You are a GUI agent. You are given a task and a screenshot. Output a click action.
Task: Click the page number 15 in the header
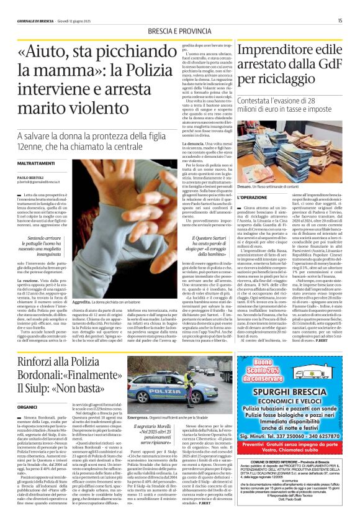(x=340, y=20)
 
